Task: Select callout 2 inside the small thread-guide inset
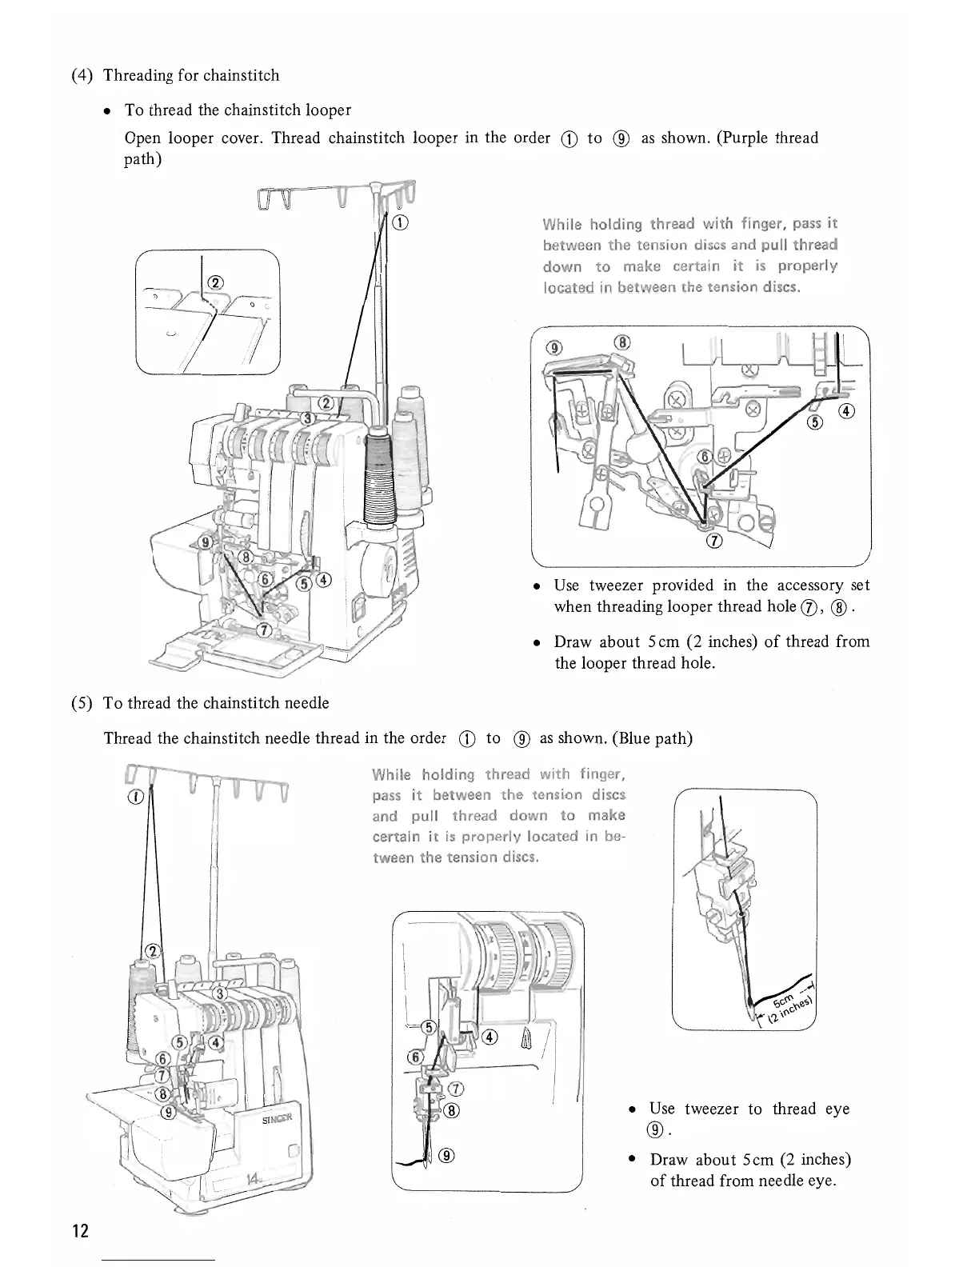tap(214, 282)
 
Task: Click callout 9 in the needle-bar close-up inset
tap(447, 1155)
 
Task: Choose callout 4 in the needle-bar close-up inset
tap(489, 1037)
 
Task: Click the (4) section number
tap(82, 76)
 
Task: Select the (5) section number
tap(82, 703)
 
